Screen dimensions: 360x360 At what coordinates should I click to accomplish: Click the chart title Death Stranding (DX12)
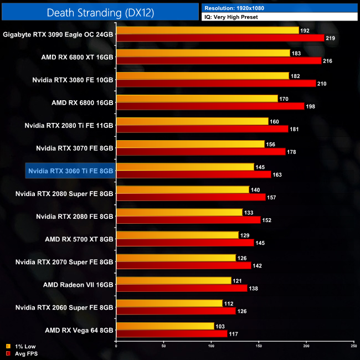coord(100,12)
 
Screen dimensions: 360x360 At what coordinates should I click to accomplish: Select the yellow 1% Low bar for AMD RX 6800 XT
coord(203,53)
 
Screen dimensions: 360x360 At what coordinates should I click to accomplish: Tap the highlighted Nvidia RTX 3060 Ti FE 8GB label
coord(70,171)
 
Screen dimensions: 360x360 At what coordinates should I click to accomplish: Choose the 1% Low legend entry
coord(24,347)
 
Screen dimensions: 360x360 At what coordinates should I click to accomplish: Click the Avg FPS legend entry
coord(24,353)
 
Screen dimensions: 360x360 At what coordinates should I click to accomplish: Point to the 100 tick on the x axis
coord(211,346)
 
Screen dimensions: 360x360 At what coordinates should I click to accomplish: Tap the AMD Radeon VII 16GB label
coord(78,285)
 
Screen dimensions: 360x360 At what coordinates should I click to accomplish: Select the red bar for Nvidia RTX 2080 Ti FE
coord(202,128)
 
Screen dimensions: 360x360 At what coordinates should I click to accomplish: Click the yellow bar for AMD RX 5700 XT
coord(177,235)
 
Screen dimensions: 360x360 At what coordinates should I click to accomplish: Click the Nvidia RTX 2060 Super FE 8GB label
coord(64,307)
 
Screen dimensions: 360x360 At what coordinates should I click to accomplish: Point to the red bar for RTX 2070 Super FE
coord(183,265)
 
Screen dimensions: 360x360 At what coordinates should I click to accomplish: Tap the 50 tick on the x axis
coord(163,346)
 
